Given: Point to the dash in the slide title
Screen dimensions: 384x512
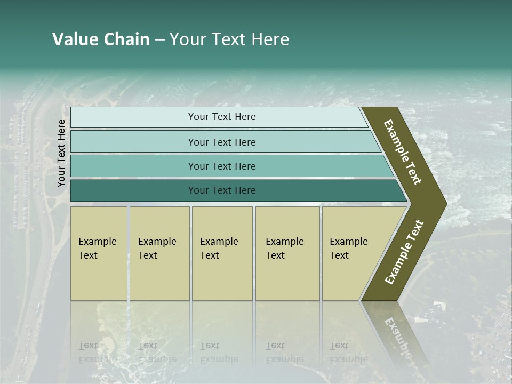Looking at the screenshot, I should (159, 40).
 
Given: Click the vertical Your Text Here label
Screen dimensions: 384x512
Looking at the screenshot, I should (61, 153).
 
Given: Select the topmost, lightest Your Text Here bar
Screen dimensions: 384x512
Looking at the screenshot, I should (221, 117).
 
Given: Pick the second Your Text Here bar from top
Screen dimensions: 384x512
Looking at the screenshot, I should (221, 142).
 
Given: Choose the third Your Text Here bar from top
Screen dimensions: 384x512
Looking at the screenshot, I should (221, 166).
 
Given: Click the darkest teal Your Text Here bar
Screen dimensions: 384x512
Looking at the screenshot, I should (221, 190).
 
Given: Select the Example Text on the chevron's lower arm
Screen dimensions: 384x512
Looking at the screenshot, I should (404, 252).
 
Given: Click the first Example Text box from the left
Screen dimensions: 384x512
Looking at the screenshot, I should (99, 253).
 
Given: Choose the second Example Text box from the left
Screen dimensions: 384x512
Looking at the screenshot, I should (159, 253).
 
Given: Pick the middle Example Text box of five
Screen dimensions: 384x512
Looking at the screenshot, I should (222, 253).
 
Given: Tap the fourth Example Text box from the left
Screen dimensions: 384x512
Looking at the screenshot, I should (287, 253).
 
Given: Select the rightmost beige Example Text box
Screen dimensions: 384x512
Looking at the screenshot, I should (352, 253).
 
